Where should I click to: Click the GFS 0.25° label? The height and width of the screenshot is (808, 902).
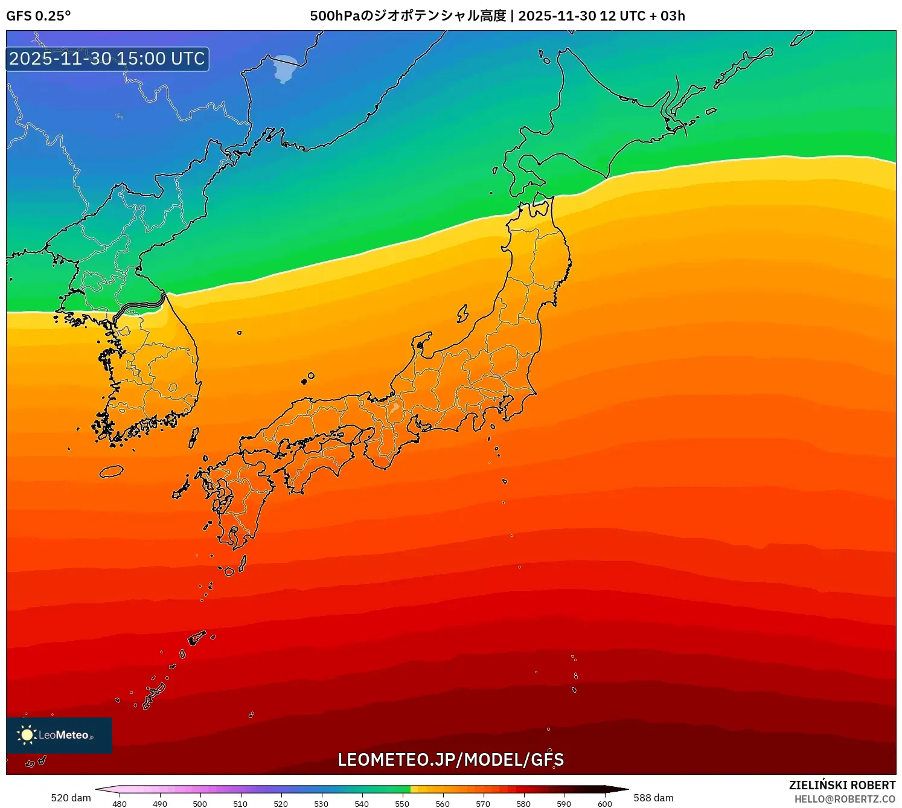tap(38, 16)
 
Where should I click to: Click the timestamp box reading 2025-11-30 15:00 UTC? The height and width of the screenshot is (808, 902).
tap(107, 59)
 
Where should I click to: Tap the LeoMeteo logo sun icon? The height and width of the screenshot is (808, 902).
tap(27, 735)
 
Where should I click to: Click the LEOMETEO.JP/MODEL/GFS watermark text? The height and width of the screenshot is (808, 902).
tap(450, 760)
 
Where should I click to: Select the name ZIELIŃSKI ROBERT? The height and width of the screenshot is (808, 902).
tap(842, 785)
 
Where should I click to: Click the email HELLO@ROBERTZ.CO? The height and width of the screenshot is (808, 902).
tap(844, 799)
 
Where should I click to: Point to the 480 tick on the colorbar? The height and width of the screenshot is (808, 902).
tap(120, 804)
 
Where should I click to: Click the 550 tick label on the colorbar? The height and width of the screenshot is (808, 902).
tap(402, 804)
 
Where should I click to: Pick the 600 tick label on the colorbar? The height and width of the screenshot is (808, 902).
tap(604, 804)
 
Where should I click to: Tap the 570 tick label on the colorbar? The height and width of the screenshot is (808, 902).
tap(483, 804)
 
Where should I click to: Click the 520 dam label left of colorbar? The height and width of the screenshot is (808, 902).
tap(71, 798)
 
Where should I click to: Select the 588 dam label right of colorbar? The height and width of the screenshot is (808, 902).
tap(653, 798)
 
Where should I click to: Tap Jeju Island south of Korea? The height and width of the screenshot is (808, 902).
tap(111, 471)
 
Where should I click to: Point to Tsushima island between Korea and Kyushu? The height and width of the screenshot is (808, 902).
tap(194, 437)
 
